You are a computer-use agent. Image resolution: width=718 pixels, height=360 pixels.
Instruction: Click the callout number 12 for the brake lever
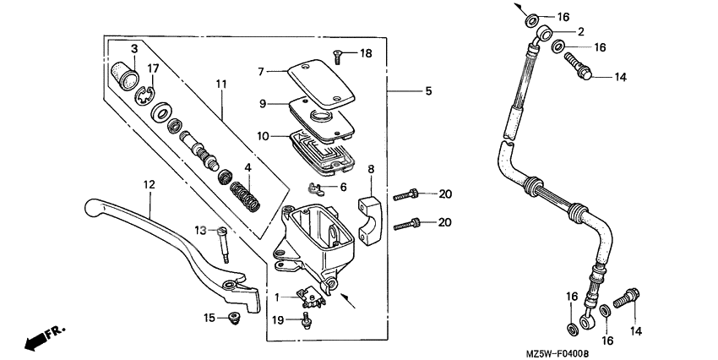[x=149, y=184]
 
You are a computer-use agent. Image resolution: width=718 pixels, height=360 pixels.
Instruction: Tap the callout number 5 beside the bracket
[x=427, y=90]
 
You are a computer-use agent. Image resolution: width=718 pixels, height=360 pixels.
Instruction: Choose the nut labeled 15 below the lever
[x=234, y=319]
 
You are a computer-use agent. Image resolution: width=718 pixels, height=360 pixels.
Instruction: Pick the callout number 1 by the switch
[x=276, y=297]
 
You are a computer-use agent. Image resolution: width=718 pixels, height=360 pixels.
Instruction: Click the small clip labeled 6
[x=316, y=188]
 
